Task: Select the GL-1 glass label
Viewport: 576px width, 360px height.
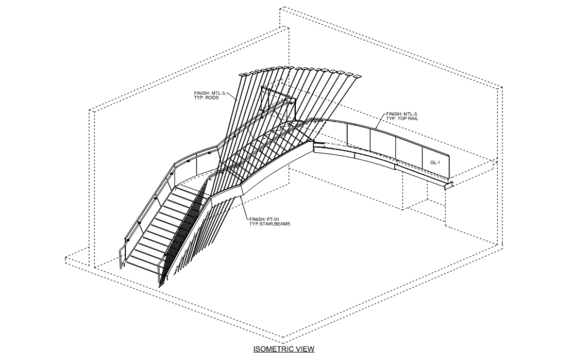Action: [435, 163]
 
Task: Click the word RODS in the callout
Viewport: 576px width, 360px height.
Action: [212, 98]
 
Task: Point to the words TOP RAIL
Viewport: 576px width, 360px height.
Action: [408, 119]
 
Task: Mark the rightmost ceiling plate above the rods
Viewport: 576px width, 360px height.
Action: [357, 76]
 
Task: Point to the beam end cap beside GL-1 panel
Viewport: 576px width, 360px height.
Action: [449, 185]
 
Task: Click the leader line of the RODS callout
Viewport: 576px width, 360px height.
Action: [231, 96]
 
